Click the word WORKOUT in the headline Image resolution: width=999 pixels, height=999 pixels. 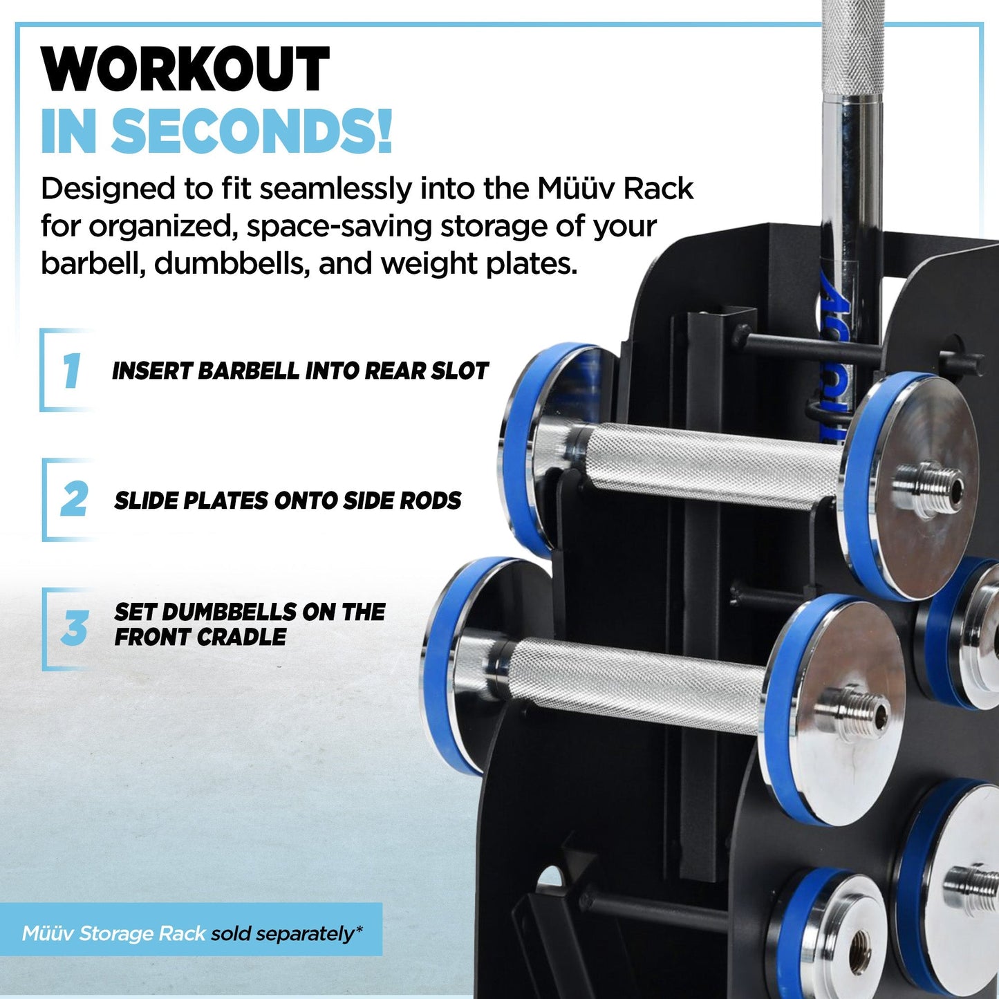185,70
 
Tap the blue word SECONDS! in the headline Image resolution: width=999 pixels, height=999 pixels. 251,131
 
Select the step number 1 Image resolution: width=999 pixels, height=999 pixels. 71,371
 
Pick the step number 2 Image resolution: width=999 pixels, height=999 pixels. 74,499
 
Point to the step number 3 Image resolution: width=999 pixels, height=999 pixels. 74,628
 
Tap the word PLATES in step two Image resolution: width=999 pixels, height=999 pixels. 225,501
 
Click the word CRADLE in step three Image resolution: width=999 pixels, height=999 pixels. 243,637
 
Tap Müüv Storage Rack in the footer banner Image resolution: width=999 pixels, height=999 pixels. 114,934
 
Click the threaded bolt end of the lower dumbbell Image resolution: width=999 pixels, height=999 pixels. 855,710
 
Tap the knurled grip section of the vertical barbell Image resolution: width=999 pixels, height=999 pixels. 855,48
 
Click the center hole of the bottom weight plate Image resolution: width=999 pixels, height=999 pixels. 860,941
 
